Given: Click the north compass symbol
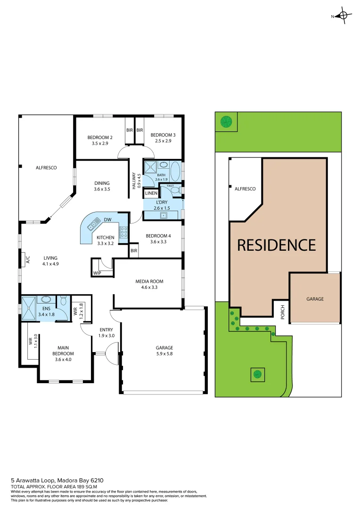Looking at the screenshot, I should click(x=343, y=16).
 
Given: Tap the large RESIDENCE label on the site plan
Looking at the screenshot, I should click(x=276, y=245).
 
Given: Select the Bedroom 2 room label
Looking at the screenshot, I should click(x=99, y=137).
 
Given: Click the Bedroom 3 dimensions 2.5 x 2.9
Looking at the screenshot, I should click(x=161, y=140).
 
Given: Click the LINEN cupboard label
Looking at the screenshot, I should click(x=151, y=193).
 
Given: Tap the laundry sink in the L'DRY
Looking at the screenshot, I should click(x=164, y=215).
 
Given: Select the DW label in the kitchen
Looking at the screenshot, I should click(x=107, y=220).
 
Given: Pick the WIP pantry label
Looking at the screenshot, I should click(x=97, y=273).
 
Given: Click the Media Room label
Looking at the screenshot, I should click(x=149, y=281).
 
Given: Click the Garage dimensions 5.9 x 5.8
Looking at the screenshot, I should click(x=164, y=353).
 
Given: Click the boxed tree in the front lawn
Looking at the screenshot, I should click(x=257, y=375).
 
